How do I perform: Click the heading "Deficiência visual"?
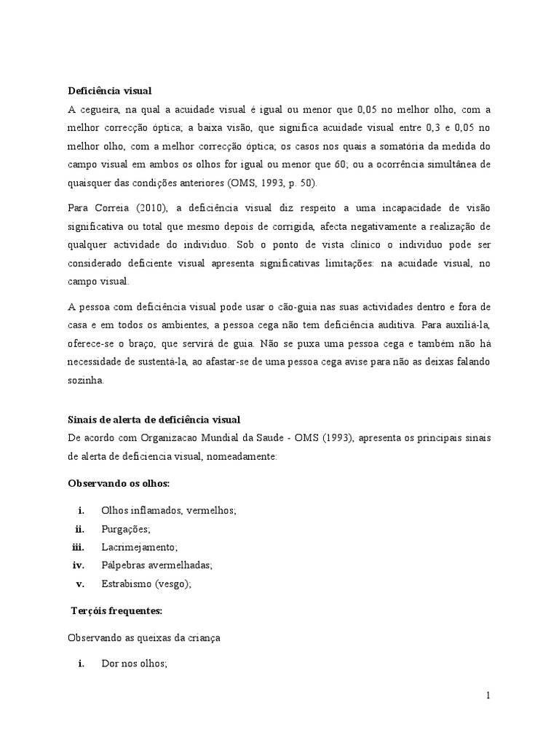pyautogui.click(x=109, y=91)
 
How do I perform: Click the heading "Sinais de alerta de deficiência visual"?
pyautogui.click(x=154, y=420)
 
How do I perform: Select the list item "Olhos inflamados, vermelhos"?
pyautogui.click(x=169, y=511)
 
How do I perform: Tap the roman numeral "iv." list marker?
pyautogui.click(x=79, y=565)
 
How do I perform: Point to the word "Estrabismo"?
pyautogui.click(x=127, y=583)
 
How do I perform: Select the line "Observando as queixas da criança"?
pyautogui.click(x=144, y=637)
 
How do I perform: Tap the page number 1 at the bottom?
pyautogui.click(x=488, y=696)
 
